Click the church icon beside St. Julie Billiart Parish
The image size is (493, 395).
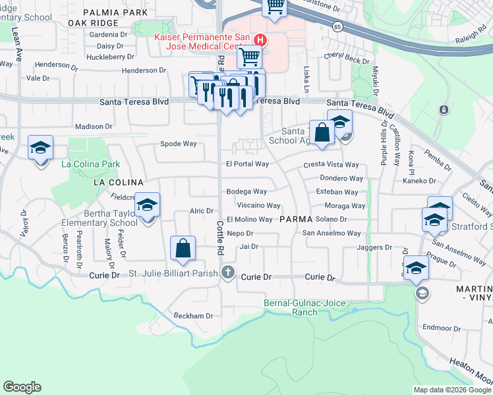[x=228, y=272]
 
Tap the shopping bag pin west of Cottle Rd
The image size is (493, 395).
[x=183, y=250]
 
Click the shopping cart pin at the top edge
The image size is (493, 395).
[x=275, y=7]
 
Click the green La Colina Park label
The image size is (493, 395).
[x=91, y=163]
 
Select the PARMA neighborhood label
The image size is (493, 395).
[x=296, y=219]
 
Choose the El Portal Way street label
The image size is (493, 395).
[x=247, y=164]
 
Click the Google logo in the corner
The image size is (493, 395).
[x=22, y=387]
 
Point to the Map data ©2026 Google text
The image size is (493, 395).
[x=451, y=390]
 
